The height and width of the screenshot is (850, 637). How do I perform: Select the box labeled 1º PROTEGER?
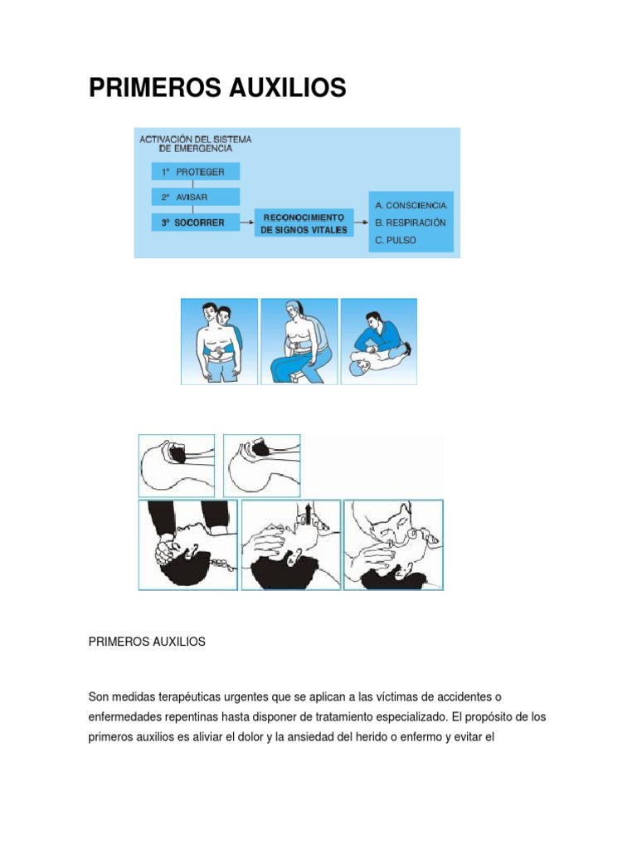click(x=196, y=172)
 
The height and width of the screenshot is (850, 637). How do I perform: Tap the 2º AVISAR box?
click(x=196, y=198)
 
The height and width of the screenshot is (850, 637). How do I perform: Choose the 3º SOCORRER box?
click(x=196, y=222)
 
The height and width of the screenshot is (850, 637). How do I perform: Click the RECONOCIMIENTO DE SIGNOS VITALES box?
click(x=304, y=223)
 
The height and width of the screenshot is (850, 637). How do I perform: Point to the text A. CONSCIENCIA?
click(x=411, y=205)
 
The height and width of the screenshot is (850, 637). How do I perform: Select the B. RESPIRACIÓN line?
click(x=411, y=222)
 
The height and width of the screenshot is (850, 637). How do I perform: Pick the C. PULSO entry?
click(x=396, y=241)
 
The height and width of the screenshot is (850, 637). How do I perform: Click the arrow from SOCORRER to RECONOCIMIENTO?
click(x=246, y=222)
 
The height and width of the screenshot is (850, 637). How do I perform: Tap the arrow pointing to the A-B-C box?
click(x=361, y=222)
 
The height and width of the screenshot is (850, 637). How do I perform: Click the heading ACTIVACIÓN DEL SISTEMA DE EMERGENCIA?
click(x=196, y=144)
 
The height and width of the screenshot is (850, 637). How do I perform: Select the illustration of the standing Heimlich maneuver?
click(x=219, y=341)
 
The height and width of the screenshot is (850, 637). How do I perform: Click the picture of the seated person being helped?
click(x=299, y=341)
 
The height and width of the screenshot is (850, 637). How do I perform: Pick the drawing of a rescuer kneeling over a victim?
click(x=379, y=341)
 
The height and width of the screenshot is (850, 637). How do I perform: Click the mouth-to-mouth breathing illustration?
click(x=393, y=545)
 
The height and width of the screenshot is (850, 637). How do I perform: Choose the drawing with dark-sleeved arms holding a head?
click(x=187, y=545)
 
